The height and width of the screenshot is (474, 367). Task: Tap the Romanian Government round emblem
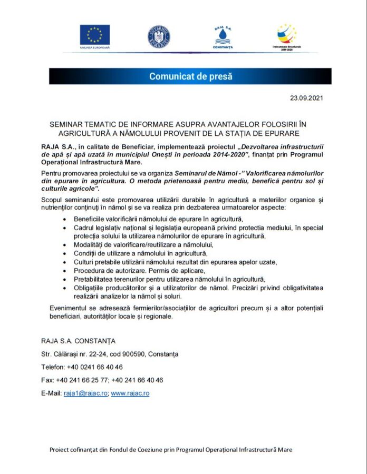click(159, 36)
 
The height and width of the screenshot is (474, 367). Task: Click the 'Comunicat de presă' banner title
click(190, 76)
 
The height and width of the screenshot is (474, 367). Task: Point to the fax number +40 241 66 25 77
click(81, 380)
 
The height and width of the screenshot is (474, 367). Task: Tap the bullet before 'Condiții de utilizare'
click(64, 253)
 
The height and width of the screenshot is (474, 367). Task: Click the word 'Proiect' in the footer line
click(59, 450)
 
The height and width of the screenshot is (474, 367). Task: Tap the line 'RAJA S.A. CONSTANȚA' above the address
click(78, 341)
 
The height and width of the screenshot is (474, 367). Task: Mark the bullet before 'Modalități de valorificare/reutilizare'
click(64, 245)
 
